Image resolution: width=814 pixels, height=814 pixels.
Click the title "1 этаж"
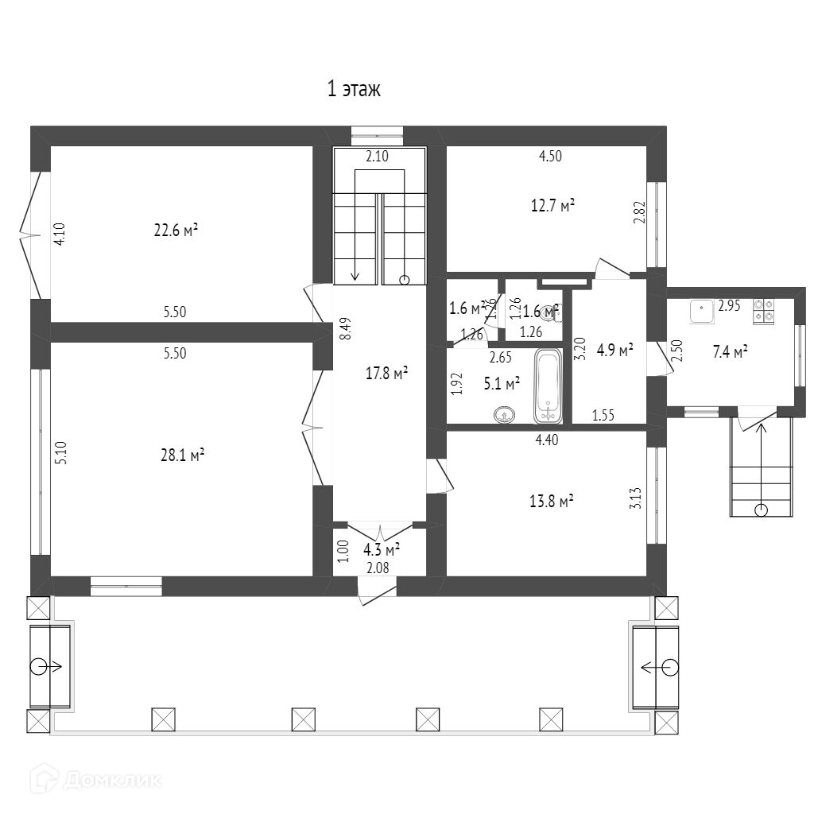[x=354, y=89]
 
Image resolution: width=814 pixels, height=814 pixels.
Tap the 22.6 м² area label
[x=176, y=231]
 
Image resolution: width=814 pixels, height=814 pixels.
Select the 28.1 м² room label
[x=183, y=455]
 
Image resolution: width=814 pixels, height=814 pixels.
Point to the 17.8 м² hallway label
[x=386, y=373]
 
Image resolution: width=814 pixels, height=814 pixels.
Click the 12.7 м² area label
[x=552, y=206]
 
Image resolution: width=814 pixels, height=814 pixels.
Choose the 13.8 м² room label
[x=552, y=501]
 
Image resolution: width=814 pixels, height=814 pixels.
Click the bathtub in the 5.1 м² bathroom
[x=548, y=386]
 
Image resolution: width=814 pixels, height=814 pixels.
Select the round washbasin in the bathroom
[x=505, y=414]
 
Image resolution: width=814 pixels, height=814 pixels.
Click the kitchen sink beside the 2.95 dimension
[x=702, y=311]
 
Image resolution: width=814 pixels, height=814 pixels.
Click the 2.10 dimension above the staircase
[x=377, y=157]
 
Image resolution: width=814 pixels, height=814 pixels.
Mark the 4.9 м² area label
[x=614, y=349]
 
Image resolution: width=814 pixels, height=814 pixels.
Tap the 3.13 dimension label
[x=634, y=498]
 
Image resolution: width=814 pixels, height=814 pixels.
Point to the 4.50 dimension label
[x=550, y=157]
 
